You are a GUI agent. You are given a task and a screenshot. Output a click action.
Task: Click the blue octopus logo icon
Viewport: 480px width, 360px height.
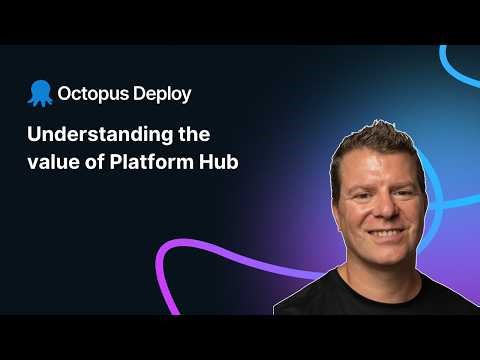(41, 93)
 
